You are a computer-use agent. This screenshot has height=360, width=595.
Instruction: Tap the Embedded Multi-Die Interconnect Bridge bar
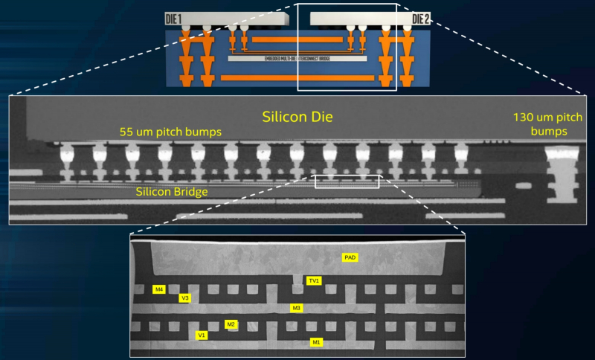297,58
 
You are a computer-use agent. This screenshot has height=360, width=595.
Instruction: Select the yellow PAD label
350,257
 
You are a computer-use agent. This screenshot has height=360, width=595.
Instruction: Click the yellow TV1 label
314,280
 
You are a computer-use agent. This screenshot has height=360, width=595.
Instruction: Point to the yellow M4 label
158,289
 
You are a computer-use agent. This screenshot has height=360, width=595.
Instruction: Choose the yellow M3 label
296,307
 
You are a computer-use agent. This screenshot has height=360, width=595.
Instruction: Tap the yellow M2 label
231,324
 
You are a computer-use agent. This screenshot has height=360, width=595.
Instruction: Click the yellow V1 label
201,335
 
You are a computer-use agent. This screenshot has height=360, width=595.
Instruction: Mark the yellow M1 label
316,342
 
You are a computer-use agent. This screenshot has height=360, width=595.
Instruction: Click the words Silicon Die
297,118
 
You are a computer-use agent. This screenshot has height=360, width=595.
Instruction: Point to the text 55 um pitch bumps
171,132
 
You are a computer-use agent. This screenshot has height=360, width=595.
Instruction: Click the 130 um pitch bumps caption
549,124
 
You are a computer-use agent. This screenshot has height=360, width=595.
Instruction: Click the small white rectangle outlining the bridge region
347,181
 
